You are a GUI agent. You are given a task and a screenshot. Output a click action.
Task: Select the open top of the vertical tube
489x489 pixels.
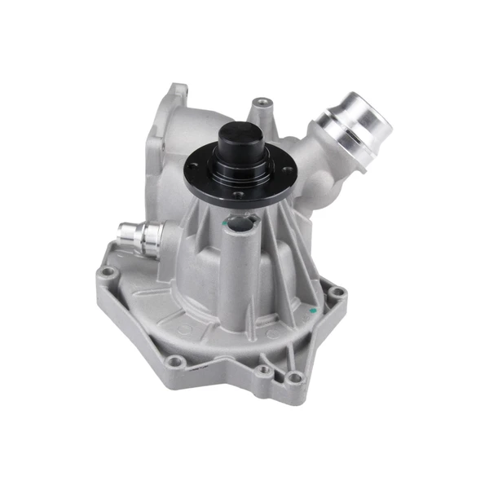click(x=240, y=222)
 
